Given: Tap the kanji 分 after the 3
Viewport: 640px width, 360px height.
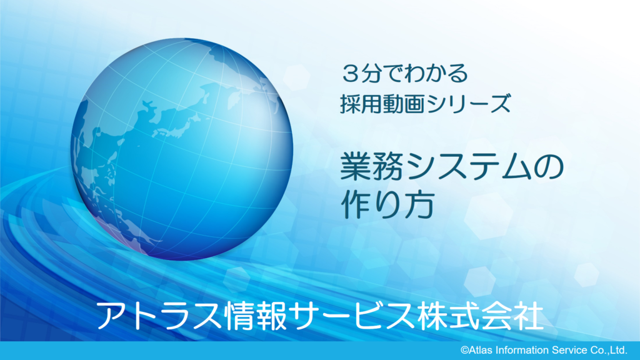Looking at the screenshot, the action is (x=372, y=74).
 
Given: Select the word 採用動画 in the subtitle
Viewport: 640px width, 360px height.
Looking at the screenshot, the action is (x=382, y=104).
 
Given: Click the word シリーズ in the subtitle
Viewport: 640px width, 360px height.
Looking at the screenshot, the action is (x=467, y=104).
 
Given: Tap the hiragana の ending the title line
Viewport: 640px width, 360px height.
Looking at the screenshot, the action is (x=547, y=167).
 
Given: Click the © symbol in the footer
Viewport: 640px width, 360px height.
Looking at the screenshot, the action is (x=464, y=350).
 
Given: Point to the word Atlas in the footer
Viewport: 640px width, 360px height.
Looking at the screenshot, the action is (x=480, y=350).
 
